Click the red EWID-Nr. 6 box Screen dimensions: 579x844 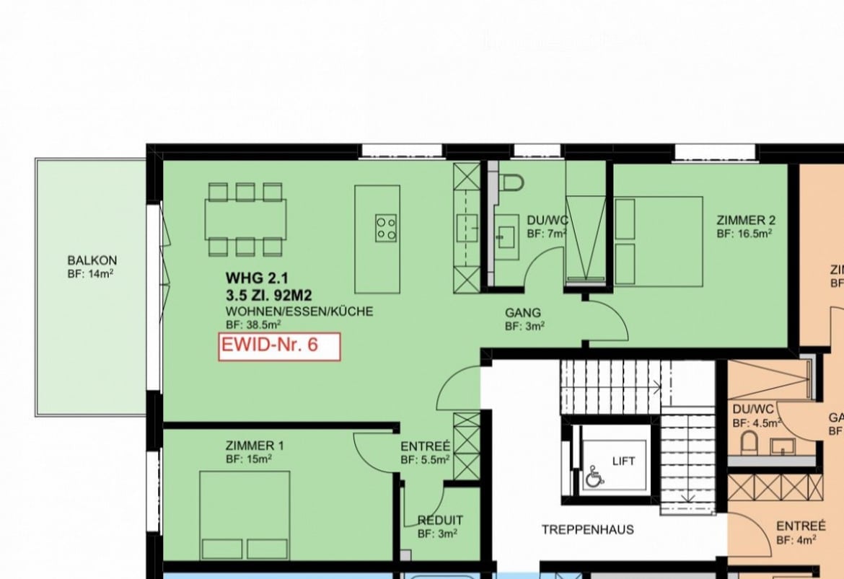278,345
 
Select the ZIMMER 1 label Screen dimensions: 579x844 254,446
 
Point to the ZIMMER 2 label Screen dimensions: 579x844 745,221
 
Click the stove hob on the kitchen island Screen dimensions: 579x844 385,228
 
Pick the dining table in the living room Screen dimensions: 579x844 245,218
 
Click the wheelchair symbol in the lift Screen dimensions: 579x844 594,477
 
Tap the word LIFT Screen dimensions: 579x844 623,461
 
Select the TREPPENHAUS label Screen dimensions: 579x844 587,530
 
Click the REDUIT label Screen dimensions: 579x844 440,520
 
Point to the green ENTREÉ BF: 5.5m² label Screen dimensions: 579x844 425,452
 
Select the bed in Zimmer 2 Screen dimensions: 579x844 658,242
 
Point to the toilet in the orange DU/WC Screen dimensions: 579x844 749,443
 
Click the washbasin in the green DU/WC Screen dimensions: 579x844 506,235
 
